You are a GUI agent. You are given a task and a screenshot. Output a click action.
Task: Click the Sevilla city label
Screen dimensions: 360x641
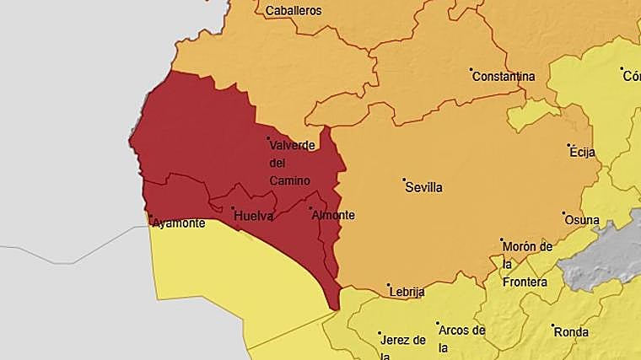[424, 188]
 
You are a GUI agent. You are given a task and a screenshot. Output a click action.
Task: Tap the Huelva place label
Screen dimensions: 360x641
[253, 216]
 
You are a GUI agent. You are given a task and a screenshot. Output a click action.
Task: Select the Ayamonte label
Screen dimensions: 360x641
[179, 223]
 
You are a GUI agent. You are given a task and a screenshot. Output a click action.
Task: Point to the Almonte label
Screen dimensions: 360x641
[333, 215]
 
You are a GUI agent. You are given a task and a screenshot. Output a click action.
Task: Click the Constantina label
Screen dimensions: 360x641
[504, 77]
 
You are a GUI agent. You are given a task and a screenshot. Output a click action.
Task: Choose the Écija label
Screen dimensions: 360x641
[583, 153]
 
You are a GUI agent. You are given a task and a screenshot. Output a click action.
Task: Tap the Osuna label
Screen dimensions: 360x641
[582, 221]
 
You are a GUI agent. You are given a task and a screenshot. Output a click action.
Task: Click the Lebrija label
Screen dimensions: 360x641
[407, 293]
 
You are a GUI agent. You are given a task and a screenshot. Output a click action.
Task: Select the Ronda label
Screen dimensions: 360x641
[572, 332]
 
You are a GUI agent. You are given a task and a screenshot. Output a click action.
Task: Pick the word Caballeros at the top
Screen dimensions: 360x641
[294, 11]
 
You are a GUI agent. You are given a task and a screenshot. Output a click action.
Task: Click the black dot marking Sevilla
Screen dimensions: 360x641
[404, 180]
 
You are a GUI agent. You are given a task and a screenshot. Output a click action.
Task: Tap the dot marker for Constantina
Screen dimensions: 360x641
[471, 70]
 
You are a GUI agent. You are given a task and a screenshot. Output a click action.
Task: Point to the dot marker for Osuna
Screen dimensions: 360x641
[563, 213]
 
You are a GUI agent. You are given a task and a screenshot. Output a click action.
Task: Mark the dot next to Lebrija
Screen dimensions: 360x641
[389, 285]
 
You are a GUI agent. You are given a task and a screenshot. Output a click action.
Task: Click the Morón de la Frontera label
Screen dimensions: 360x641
[526, 264]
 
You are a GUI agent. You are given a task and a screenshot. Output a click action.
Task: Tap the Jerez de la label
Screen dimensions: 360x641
[403, 346]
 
